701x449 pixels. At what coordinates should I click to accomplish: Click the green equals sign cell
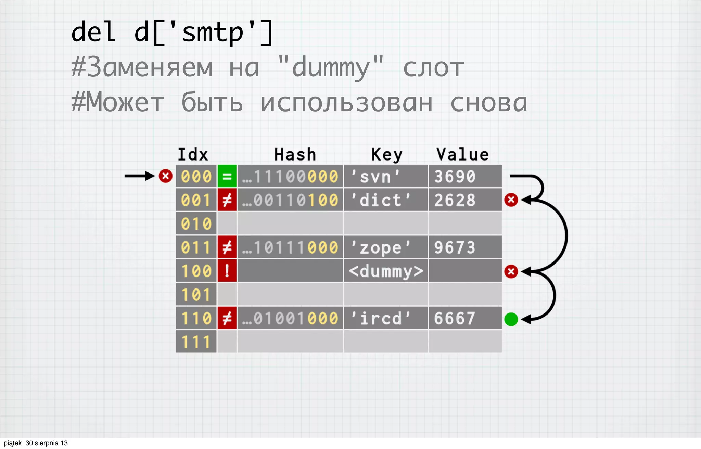click(227, 176)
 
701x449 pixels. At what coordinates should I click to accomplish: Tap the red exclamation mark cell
click(227, 271)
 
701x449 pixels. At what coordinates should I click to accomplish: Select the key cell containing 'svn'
click(385, 176)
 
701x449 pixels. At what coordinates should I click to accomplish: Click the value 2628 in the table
click(455, 200)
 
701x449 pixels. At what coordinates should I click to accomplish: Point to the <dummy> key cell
click(386, 271)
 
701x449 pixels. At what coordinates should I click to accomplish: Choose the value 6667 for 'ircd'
click(455, 318)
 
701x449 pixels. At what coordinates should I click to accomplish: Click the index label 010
click(196, 224)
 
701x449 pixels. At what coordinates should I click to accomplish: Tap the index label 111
click(196, 342)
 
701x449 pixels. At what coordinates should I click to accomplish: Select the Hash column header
click(295, 155)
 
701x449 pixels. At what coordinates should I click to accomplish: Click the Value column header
click(462, 155)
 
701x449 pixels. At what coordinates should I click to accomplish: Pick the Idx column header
click(193, 155)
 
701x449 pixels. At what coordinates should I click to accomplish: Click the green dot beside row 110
click(511, 319)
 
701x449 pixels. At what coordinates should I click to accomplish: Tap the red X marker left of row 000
click(166, 176)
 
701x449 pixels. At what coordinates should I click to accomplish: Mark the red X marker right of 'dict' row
click(511, 200)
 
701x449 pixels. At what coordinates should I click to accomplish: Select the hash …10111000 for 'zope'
click(290, 247)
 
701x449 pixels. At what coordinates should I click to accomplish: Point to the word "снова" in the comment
click(488, 103)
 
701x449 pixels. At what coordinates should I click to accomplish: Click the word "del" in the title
click(93, 32)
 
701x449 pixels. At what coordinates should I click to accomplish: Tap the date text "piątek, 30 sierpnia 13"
click(36, 443)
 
